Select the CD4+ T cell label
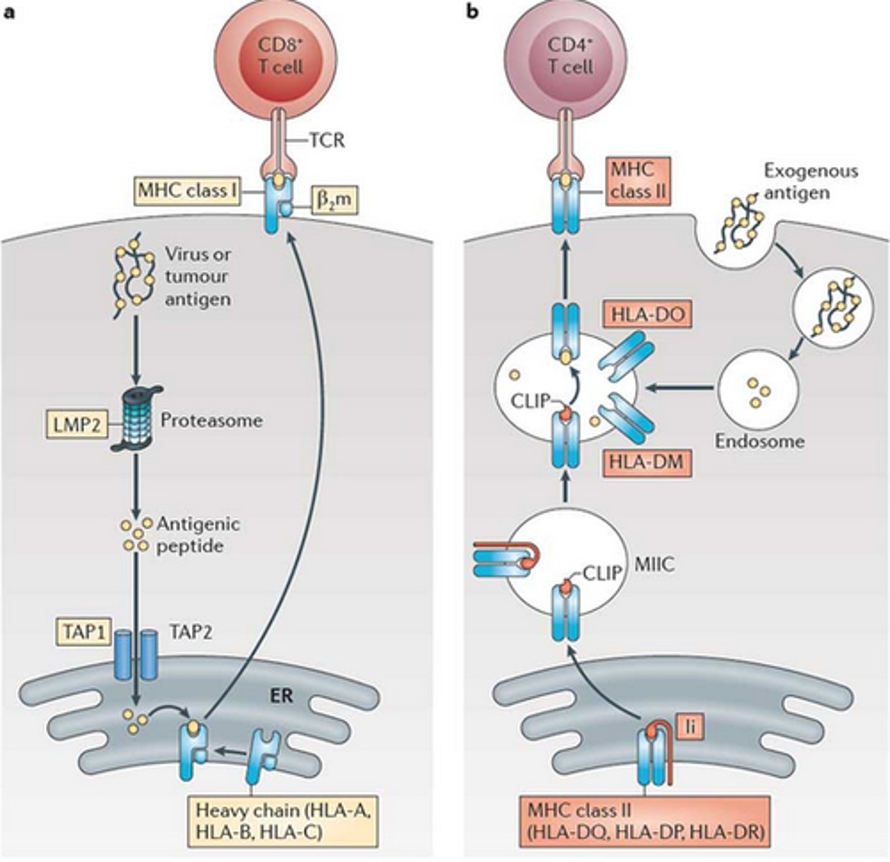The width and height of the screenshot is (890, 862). [x=570, y=56]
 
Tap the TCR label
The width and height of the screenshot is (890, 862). [x=329, y=140]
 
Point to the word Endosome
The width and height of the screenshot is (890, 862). [x=759, y=440]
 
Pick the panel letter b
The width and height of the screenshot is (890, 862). [x=472, y=12]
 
